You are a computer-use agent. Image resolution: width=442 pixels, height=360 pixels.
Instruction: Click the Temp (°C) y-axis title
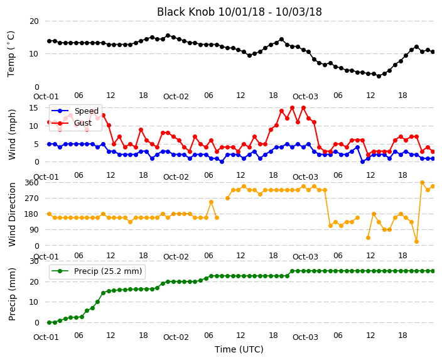pos(11,54)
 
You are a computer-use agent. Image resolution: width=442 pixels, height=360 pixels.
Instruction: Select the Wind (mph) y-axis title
pos(12,134)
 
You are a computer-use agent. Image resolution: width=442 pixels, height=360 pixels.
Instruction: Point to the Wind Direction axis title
pos(12,214)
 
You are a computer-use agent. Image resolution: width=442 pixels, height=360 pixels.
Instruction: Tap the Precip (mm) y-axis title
pos(12,294)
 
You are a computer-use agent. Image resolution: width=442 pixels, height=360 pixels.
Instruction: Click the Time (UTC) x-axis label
pos(239,349)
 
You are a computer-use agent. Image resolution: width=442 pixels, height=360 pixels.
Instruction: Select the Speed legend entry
pos(75,111)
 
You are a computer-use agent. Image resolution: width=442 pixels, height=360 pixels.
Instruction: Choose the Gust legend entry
pos(72,123)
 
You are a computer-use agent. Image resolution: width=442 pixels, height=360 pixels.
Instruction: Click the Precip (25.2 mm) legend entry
pos(97,271)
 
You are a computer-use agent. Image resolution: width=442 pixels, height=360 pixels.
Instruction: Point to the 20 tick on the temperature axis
pos(34,21)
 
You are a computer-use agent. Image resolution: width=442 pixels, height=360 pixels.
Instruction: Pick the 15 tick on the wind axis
pos(33,108)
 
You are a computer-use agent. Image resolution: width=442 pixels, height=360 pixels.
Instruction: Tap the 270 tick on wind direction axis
pos(31,199)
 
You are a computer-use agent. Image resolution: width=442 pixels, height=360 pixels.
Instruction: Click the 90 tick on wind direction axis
pos(34,230)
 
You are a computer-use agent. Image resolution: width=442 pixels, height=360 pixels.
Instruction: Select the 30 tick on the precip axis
pos(34,261)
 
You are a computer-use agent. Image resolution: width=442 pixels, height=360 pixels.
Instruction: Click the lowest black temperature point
pos(379,76)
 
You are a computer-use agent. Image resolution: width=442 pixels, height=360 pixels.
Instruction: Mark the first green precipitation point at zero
pos(50,322)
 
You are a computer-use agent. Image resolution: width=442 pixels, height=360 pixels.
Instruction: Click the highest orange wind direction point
pos(423,183)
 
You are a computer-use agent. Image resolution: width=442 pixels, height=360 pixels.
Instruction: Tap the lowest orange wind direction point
pos(417,241)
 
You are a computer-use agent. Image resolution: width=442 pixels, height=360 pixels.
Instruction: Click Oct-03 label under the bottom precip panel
pos(305,337)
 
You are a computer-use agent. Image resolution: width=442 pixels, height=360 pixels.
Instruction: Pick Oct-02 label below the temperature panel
pos(176,97)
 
